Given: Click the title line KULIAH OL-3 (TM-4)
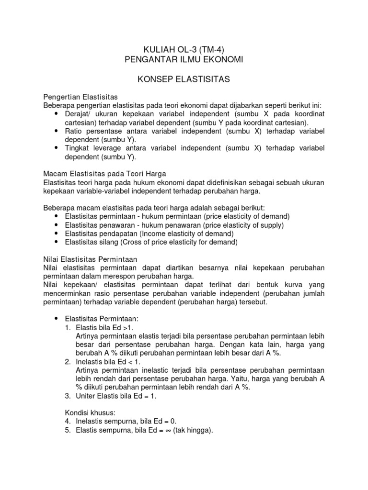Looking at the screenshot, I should [184, 49].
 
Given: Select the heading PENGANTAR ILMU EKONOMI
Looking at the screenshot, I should [184, 59].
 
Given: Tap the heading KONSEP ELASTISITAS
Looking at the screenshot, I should [184, 79].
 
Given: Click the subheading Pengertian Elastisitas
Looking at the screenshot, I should [80, 97].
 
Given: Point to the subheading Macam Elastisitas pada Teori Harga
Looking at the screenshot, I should [104, 173].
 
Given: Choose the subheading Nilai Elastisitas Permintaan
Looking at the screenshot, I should [90, 258].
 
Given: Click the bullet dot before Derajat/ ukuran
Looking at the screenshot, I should [56, 114].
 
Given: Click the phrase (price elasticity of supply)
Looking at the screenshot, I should [243, 225].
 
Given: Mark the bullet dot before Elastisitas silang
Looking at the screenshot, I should [56, 242].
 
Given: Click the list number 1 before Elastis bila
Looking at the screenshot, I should [67, 327].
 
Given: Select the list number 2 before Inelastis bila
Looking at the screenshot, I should [67, 362].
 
